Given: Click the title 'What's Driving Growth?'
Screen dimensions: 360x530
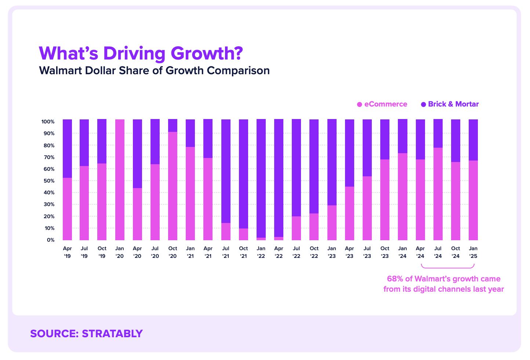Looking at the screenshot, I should tap(141, 53).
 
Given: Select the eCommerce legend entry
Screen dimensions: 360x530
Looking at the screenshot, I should tap(382, 104).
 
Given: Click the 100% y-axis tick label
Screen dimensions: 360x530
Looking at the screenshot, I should tap(48, 122).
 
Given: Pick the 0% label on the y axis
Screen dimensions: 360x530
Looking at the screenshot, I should tap(50, 240).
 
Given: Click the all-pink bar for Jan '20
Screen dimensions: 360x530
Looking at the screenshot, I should tap(120, 180).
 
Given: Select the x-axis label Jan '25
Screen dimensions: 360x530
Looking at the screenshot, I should tap(473, 252).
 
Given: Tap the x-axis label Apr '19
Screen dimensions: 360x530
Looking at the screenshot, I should tap(67, 252).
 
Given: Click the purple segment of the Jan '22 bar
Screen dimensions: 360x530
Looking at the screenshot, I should tap(261, 178).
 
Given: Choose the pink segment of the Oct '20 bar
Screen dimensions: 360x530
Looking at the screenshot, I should tap(173, 186).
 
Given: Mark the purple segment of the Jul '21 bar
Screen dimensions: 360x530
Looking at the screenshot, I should tap(226, 171).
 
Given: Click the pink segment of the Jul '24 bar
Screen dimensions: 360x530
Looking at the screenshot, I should tap(438, 194).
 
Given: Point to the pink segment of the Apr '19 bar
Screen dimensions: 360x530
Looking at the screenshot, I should tap(67, 209).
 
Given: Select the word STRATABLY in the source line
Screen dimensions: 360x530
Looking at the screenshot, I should tap(112, 334).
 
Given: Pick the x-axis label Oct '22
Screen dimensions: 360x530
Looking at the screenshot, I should tap(314, 252).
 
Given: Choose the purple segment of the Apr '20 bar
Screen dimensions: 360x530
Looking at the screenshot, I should tap(137, 154).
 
